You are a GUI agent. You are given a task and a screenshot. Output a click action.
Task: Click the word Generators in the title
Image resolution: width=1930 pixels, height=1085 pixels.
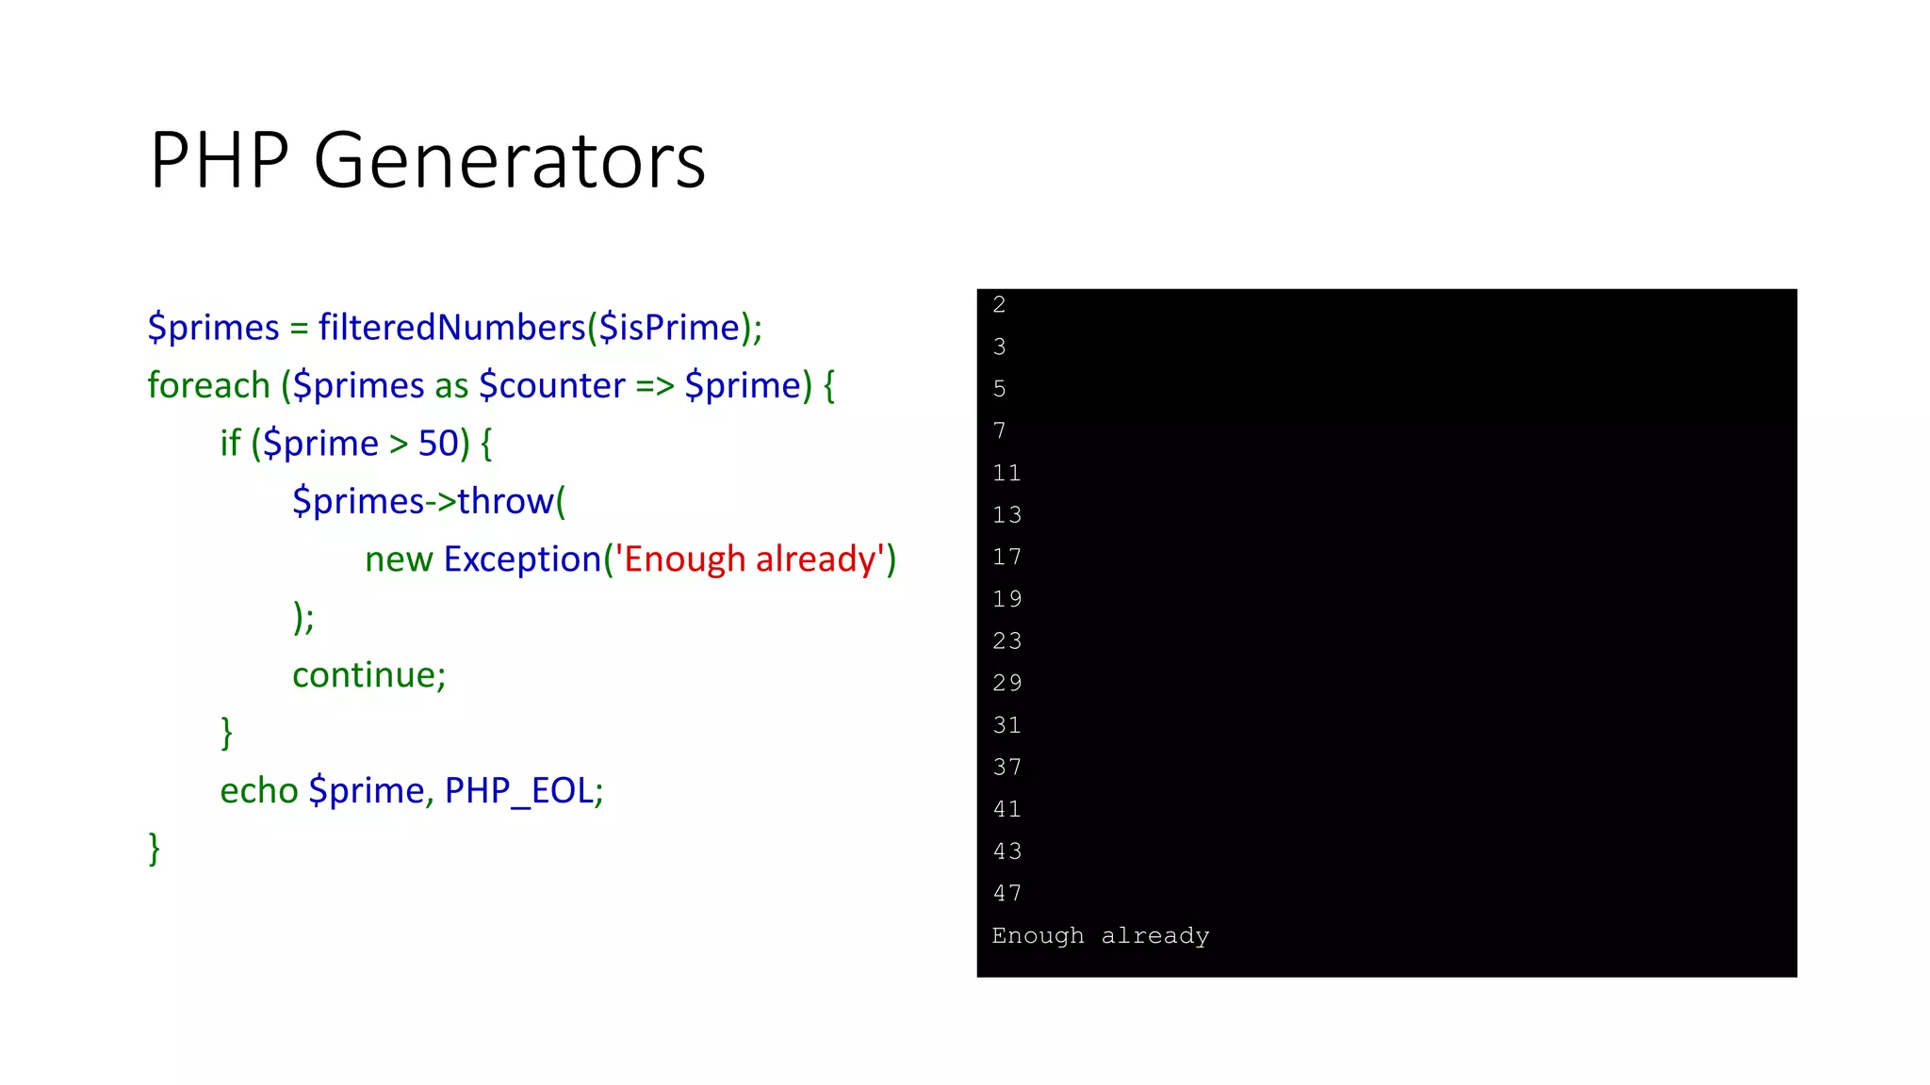[509, 160]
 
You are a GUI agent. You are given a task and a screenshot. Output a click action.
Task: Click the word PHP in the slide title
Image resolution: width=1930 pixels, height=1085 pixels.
[219, 160]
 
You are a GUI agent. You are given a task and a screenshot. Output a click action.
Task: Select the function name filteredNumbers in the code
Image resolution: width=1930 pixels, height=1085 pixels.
[451, 327]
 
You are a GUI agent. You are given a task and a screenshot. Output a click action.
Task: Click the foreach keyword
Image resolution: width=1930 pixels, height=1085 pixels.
[208, 385]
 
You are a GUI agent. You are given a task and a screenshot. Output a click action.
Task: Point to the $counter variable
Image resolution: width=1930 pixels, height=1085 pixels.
[551, 385]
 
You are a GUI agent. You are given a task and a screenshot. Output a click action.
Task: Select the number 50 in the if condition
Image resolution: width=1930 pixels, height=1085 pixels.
[438, 443]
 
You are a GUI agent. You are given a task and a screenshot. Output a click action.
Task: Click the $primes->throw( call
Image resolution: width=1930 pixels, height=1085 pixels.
[429, 501]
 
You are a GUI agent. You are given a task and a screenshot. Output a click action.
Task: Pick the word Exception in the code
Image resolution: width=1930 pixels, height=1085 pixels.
[522, 559]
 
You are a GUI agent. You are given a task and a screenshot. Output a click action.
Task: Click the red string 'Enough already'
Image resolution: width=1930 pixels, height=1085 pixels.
[750, 559]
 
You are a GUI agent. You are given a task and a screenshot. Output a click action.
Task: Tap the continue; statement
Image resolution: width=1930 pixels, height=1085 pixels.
[368, 674]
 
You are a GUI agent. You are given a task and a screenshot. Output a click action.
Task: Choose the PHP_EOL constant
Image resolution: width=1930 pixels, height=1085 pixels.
[523, 790]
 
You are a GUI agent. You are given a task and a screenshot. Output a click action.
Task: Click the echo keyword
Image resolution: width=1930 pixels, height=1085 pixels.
[259, 790]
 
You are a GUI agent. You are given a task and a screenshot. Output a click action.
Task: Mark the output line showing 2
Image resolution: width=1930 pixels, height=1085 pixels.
[1000, 304]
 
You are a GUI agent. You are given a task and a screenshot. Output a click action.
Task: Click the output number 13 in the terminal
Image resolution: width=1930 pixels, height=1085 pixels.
[1006, 514]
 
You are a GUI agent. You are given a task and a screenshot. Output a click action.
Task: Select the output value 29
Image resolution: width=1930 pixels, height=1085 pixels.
[1006, 683]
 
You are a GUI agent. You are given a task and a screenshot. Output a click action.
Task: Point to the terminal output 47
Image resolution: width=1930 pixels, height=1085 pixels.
[1006, 893]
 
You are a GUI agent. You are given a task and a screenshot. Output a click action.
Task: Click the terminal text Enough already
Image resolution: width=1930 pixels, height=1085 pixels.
[1100, 935]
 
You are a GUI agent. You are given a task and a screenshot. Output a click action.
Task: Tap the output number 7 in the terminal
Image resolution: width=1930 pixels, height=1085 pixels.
[1000, 430]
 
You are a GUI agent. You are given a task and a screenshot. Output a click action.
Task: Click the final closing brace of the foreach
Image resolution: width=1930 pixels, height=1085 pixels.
[155, 848]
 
